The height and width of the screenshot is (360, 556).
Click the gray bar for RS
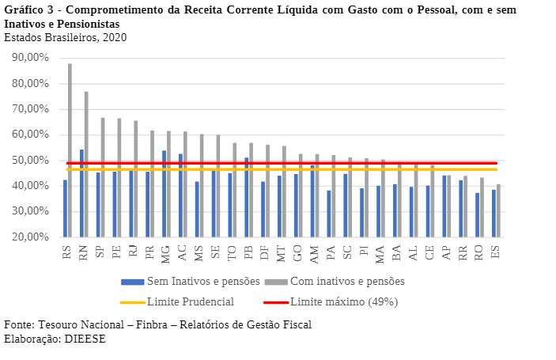click(70, 150)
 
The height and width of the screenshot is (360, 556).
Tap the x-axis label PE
click(115, 252)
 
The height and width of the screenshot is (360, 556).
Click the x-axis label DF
click(263, 252)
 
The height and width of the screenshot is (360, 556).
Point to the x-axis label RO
click(478, 252)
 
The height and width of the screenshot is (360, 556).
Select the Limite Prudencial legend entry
click(191, 301)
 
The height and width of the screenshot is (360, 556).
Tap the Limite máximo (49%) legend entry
click(343, 301)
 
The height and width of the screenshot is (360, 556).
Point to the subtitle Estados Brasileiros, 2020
click(65, 37)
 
